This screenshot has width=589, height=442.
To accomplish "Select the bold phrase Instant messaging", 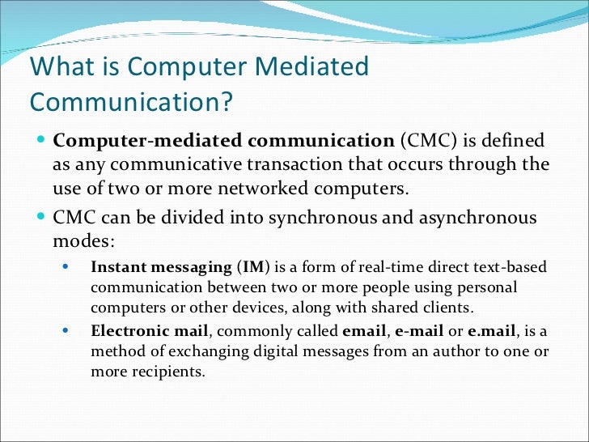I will click(x=161, y=266).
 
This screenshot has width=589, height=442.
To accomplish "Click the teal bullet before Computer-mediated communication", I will click(x=41, y=139).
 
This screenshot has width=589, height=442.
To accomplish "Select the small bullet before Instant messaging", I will click(x=66, y=266).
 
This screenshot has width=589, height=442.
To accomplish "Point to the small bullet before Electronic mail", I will click(x=66, y=330).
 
